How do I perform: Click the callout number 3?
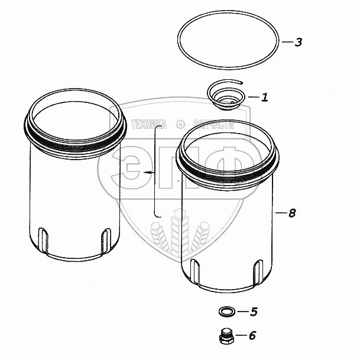[299, 42]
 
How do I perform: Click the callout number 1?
[265, 97]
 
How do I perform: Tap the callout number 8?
[292, 213]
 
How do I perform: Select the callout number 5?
[254, 312]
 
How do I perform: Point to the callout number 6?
[252, 335]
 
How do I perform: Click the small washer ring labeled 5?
[227, 312]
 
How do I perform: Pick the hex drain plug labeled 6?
[226, 336]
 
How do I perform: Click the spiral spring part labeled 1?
[226, 95]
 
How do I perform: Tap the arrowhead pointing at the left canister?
[147, 172]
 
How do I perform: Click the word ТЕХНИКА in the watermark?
[149, 124]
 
